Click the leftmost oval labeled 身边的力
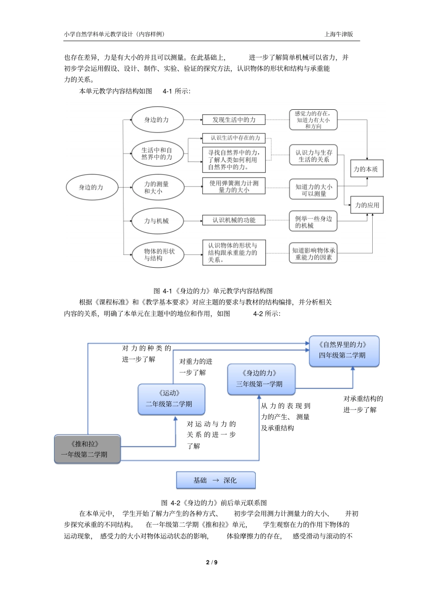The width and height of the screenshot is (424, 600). (x=92, y=187)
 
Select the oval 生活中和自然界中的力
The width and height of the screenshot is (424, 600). (x=157, y=153)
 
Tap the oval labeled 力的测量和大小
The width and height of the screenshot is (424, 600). (x=157, y=187)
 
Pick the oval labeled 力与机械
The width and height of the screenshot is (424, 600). (x=157, y=221)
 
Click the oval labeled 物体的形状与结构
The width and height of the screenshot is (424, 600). (x=157, y=255)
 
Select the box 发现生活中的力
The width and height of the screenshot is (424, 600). (x=234, y=120)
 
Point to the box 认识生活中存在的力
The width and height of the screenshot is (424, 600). (x=234, y=138)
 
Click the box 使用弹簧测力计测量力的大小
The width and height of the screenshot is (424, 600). (x=234, y=186)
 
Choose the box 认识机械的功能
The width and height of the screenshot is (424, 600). (x=234, y=220)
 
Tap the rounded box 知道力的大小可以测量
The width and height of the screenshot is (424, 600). (x=313, y=190)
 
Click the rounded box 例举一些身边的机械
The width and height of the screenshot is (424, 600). (x=313, y=222)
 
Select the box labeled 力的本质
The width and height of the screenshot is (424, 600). (x=366, y=169)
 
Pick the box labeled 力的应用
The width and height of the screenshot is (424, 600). (x=366, y=205)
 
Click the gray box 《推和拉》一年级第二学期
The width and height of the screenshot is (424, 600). (x=87, y=449)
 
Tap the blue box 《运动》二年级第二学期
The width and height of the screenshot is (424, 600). (x=171, y=399)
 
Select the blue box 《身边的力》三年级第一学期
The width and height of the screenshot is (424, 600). (x=261, y=379)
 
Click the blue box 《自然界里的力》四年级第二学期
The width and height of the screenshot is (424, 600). (x=344, y=351)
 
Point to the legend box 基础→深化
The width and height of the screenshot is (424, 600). (x=216, y=480)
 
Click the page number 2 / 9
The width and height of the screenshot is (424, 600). (x=212, y=563)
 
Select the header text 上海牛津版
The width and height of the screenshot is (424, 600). (x=338, y=34)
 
